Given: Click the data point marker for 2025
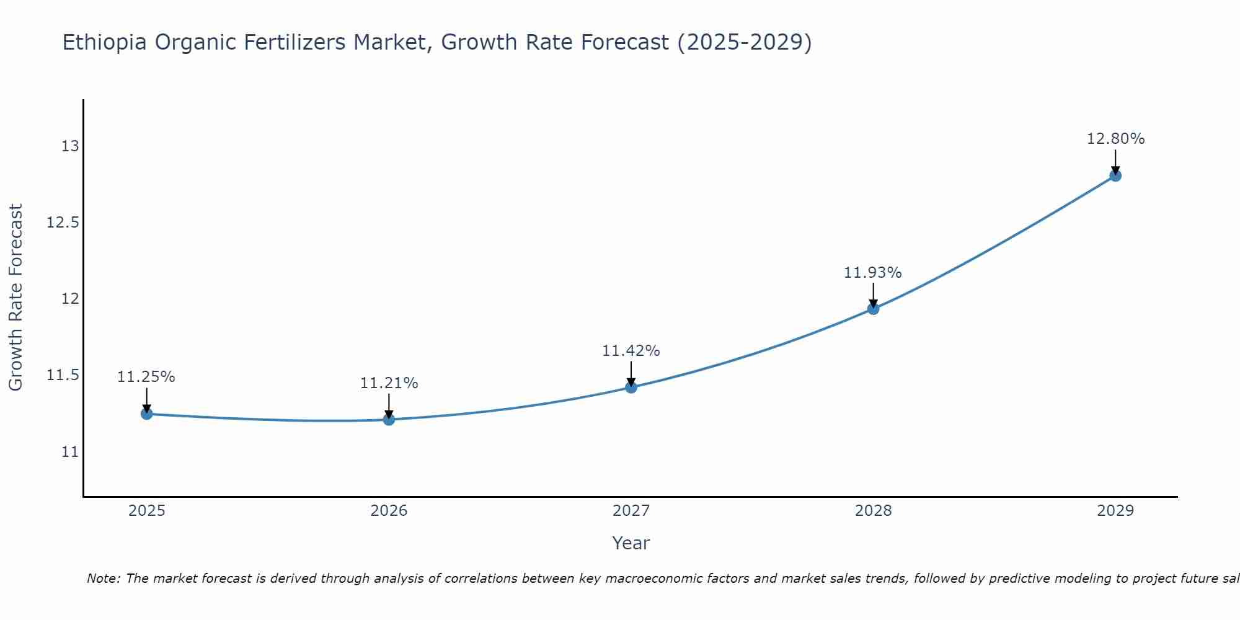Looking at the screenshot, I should point(147,414).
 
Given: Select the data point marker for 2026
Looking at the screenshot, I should point(389,420).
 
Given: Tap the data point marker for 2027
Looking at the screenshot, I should point(631,387).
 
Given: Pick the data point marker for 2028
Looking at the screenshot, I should point(873,309).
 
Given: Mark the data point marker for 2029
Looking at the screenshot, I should point(1115,175).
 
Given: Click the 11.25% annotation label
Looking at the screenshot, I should point(146,377).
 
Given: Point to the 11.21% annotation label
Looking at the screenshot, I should point(389,383).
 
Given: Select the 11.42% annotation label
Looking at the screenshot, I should point(631,351).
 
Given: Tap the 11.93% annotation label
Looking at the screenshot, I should point(873,273).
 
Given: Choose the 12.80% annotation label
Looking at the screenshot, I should point(1115,139).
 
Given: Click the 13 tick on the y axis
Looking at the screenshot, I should point(70,146).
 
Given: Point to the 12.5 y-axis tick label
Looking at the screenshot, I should point(63,223).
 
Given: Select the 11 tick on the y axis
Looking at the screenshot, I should point(70,452).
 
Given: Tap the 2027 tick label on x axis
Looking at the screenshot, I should point(631,511).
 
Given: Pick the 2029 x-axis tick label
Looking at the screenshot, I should point(1115,511).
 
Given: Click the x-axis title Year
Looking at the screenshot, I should point(631,543).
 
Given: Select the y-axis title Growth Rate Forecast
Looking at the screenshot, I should point(16,298).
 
